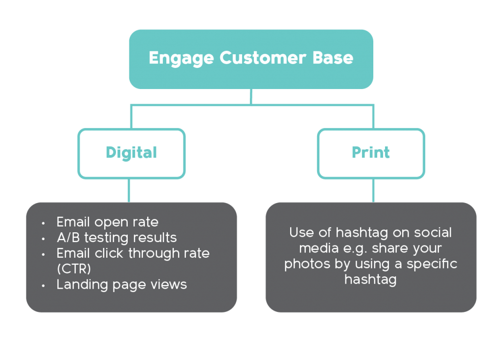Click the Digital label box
coord(131,153)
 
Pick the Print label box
coord(371,153)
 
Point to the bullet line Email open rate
coord(107,222)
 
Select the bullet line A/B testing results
coord(116,238)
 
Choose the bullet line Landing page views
coord(121,285)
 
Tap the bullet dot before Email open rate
coord(44,223)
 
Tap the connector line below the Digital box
coord(129,190)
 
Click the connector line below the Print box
coord(373,190)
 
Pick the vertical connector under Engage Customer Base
coord(251,96)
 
